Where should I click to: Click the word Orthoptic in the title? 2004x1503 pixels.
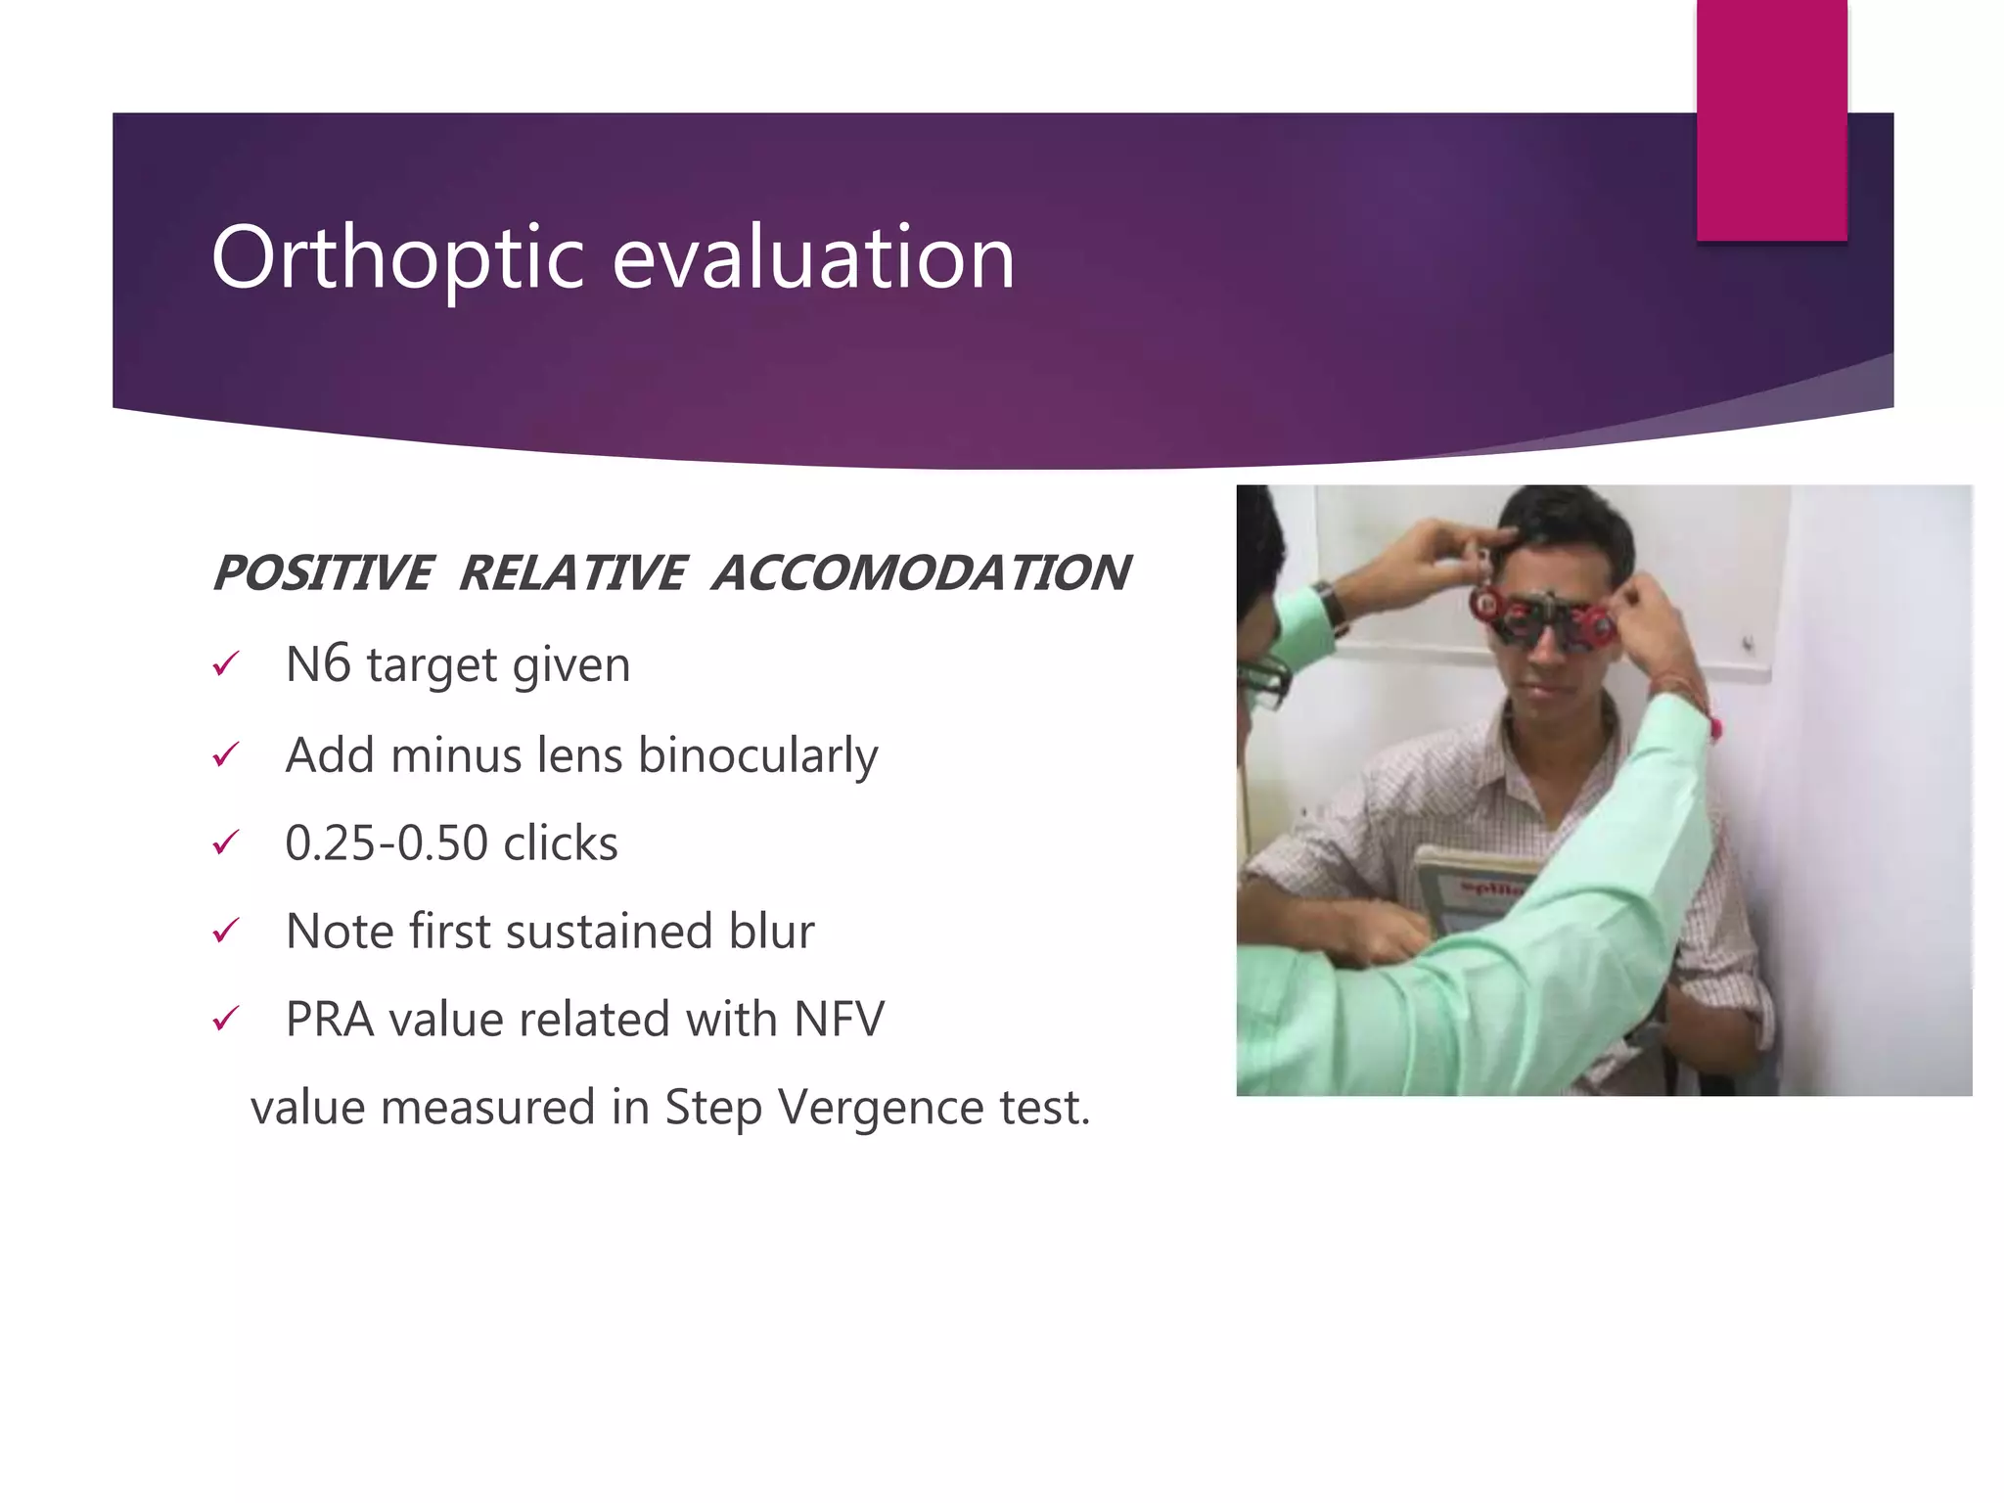point(397,257)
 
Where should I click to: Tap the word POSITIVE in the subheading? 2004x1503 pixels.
point(322,573)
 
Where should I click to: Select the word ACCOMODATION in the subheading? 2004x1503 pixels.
point(921,573)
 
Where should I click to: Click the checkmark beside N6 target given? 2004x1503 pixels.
point(225,665)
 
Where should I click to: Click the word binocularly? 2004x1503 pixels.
point(757,755)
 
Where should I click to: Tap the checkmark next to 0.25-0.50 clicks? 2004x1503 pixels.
point(225,843)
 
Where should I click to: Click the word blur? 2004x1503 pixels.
point(771,931)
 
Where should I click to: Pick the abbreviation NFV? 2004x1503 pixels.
point(839,1019)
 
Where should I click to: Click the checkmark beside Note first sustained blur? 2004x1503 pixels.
point(225,931)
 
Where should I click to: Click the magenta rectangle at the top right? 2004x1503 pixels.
point(1771,119)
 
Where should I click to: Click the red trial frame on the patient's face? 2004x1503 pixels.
point(1546,621)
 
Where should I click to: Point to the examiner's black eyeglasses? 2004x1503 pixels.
point(1262,680)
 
